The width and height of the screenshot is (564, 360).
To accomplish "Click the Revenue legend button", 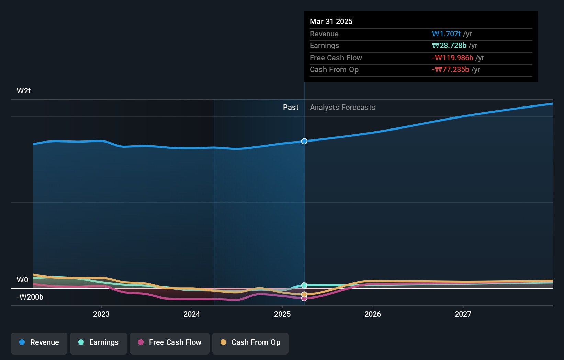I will tap(39, 342).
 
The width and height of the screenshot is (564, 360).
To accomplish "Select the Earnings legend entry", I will tap(99, 342).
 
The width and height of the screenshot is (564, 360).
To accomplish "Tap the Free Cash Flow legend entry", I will tap(170, 342).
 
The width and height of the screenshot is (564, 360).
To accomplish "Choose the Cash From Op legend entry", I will tap(250, 342).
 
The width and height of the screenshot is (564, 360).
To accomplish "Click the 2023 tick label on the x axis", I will tap(101, 314).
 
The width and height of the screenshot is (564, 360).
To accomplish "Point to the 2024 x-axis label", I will tap(192, 314).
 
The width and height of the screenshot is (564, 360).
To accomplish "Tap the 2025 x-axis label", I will tap(282, 314).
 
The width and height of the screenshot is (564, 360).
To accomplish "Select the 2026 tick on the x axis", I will tap(373, 314).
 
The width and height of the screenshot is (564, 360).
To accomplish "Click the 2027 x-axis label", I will tap(463, 314).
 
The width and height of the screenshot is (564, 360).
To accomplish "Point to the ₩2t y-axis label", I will tap(24, 91).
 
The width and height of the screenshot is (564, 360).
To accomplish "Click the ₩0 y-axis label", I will tap(23, 280).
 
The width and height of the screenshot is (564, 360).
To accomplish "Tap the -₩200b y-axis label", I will tap(30, 297).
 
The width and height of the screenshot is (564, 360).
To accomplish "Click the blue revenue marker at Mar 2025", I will tap(304, 141).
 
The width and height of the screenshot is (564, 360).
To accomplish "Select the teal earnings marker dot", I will tap(304, 285).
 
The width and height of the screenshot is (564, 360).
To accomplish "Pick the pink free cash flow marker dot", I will tap(304, 299).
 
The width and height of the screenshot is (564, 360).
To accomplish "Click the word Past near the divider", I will tap(291, 108).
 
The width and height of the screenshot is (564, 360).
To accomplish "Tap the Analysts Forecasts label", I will tap(342, 108).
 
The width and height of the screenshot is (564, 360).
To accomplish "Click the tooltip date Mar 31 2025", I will tap(331, 21).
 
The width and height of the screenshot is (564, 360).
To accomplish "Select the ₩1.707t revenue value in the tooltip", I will tap(446, 34).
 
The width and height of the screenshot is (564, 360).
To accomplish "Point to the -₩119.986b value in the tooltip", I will tap(452, 58).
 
